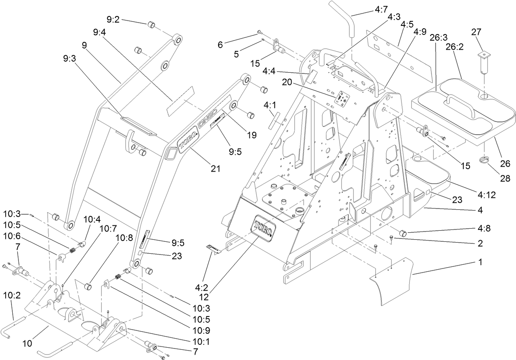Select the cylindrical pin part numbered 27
coord(484,62)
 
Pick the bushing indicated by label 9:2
coord(151,25)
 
